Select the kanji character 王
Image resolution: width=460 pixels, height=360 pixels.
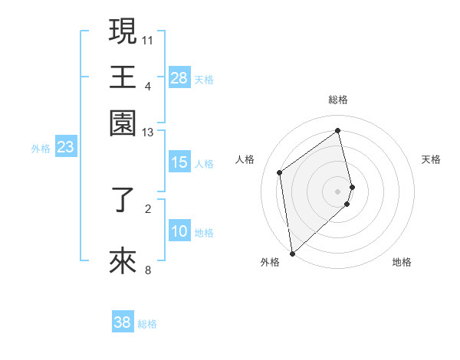click(x=123, y=77)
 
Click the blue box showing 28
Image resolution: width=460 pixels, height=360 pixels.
click(x=179, y=78)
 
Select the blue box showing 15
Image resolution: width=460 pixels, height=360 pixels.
click(x=179, y=162)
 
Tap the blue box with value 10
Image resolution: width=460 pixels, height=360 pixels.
click(x=179, y=232)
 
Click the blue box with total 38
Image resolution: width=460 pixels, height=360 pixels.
click(x=123, y=323)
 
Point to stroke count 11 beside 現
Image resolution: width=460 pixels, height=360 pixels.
click(x=148, y=38)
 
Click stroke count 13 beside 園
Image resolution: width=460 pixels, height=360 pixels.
click(x=148, y=133)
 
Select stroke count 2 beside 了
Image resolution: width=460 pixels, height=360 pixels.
click(x=149, y=208)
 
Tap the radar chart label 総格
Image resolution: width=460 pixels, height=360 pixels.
click(x=338, y=100)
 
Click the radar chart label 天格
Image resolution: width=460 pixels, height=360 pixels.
click(x=431, y=159)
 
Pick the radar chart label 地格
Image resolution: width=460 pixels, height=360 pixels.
click(x=402, y=262)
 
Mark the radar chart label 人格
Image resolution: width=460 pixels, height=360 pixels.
click(x=245, y=159)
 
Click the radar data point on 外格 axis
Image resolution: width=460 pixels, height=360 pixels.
click(x=292, y=253)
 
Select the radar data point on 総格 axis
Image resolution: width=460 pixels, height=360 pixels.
click(x=338, y=130)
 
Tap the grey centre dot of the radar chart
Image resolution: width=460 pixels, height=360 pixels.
click(x=338, y=190)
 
